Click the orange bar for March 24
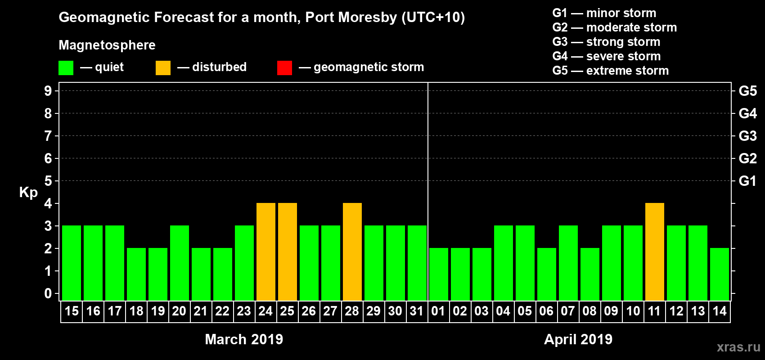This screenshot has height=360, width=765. [266, 252]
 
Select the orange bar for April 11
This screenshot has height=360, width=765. [655, 252]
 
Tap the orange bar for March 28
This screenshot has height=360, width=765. [352, 252]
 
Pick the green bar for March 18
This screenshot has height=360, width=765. [136, 274]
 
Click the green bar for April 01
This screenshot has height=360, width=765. [439, 274]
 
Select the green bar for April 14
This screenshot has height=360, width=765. [720, 274]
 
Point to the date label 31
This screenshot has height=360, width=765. [417, 311]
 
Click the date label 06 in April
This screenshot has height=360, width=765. [546, 311]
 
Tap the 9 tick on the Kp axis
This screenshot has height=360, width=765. [48, 91]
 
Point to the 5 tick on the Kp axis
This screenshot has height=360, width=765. [48, 181]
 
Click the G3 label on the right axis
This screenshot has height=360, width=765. [747, 136]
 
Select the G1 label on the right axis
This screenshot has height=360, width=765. [747, 181]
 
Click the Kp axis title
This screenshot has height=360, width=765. [28, 192]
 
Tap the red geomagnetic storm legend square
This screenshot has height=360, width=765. [284, 68]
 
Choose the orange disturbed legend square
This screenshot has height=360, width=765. [163, 68]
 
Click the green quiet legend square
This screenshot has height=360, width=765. [66, 68]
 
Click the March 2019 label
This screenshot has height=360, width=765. [244, 339]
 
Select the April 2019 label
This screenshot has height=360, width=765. [578, 339]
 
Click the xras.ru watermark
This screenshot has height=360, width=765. [738, 347]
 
